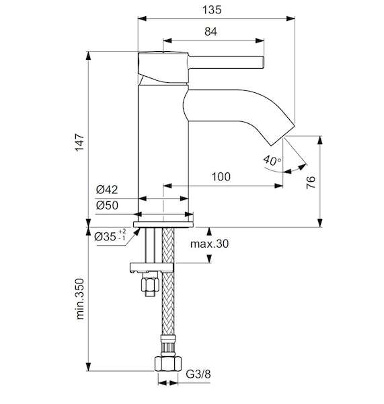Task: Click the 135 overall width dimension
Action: (x=212, y=10)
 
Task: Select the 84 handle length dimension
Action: (x=210, y=32)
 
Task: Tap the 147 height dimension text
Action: (x=80, y=142)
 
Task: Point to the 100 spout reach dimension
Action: (x=221, y=176)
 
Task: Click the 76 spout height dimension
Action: (x=311, y=182)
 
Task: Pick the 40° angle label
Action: (x=272, y=160)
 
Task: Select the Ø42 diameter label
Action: (x=107, y=190)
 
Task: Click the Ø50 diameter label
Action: (x=107, y=205)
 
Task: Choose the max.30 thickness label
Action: (x=209, y=244)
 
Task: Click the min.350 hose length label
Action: (x=80, y=299)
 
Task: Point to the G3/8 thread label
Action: (x=198, y=374)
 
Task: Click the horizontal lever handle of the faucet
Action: (x=226, y=63)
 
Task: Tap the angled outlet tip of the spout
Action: (x=282, y=133)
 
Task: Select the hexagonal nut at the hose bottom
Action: (x=168, y=364)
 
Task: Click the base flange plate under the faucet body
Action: (x=163, y=224)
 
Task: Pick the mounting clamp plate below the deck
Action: (x=152, y=267)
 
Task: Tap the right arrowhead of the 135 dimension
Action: (x=291, y=19)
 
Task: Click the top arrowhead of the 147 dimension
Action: (x=89, y=56)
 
